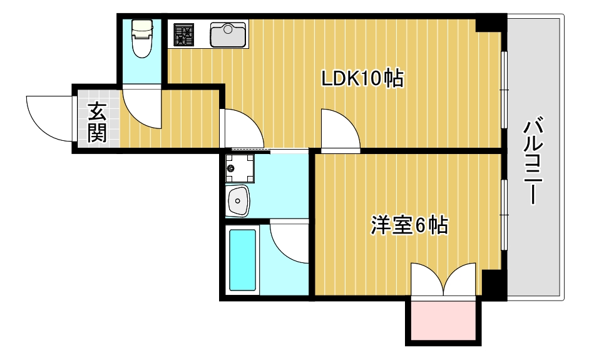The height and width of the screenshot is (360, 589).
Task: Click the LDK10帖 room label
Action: [x=361, y=79]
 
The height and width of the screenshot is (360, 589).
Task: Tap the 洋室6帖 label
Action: [x=409, y=225]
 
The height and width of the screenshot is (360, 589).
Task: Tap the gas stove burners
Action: [x=185, y=34]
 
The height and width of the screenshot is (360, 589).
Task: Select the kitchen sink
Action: [x=228, y=34]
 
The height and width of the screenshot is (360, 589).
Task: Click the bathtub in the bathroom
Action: [x=243, y=259]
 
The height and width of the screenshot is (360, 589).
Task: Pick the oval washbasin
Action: [x=238, y=200]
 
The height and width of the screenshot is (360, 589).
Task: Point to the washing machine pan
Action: [x=238, y=168]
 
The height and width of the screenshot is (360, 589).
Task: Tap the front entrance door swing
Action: [x=49, y=116]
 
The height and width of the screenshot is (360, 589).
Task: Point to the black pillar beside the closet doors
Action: [x=493, y=285]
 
